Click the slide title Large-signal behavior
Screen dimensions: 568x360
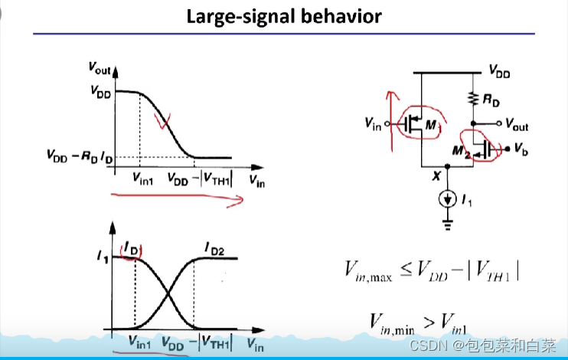point(284,16)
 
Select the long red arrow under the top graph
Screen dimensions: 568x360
point(176,199)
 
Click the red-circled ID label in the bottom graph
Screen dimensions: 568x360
point(129,247)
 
